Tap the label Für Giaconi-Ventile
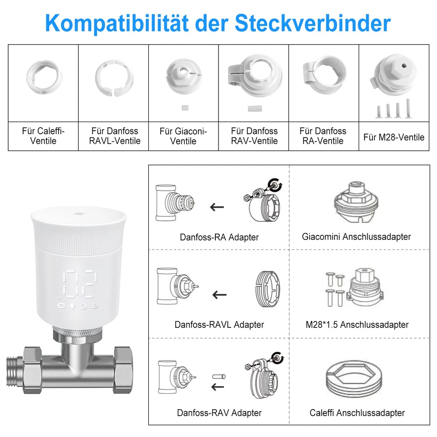[183, 136]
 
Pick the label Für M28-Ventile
[394, 137]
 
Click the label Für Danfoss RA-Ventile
[323, 136]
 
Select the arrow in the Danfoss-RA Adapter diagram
[217, 207]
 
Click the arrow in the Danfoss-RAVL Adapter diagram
[219, 294]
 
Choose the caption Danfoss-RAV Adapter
[219, 413]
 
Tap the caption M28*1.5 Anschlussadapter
[357, 325]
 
